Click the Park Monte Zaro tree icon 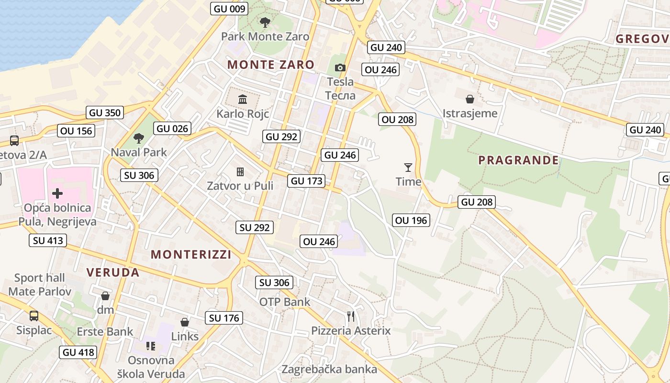click(x=265, y=22)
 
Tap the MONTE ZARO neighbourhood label click(x=271, y=65)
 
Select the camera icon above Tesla click(x=340, y=68)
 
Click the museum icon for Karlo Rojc click(x=243, y=100)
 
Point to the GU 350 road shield click(x=105, y=113)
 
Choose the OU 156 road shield click(x=76, y=131)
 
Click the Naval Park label click(x=139, y=152)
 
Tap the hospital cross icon click(x=57, y=193)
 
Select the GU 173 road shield click(x=307, y=181)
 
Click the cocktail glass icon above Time click(x=408, y=167)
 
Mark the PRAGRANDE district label click(x=518, y=160)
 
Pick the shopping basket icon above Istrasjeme click(x=470, y=99)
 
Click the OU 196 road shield click(x=411, y=220)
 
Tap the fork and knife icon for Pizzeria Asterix click(x=351, y=316)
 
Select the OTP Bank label click(x=285, y=302)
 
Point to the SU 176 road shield click(x=224, y=318)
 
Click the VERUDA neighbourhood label click(x=113, y=272)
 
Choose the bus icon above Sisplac click(x=34, y=316)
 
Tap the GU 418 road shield click(x=79, y=353)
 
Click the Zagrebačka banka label click(x=329, y=369)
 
